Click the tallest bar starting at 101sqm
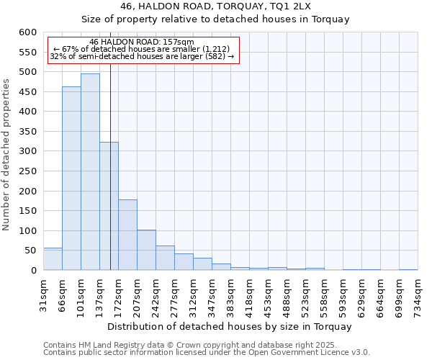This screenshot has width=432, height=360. [90, 172]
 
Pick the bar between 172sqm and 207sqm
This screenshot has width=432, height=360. [127, 235]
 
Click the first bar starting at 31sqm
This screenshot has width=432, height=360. [53, 259]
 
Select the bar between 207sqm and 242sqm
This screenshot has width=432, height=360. [146, 250]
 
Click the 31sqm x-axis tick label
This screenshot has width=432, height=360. [43, 294]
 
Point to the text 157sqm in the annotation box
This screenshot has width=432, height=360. [179, 42]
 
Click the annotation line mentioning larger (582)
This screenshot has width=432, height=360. [142, 56]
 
